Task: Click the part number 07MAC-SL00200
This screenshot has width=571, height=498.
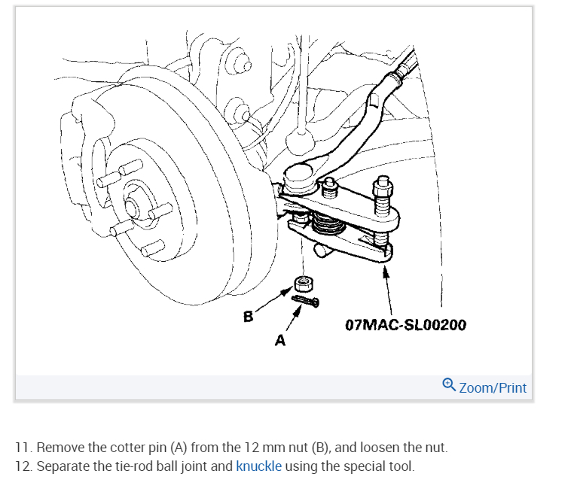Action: pyautogui.click(x=405, y=325)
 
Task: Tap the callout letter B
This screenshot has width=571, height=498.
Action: pyautogui.click(x=248, y=317)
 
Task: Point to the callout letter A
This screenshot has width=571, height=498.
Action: pyautogui.click(x=280, y=341)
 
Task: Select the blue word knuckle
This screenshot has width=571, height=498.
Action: pyautogui.click(x=258, y=466)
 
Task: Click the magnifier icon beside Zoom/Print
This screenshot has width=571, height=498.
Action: pyautogui.click(x=449, y=386)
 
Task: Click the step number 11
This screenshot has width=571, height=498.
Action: pyautogui.click(x=23, y=448)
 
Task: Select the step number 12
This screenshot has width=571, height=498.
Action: pyautogui.click(x=23, y=466)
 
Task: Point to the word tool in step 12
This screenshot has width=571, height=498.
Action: pyautogui.click(x=401, y=466)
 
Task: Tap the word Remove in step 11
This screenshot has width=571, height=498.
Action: pyautogui.click(x=60, y=448)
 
